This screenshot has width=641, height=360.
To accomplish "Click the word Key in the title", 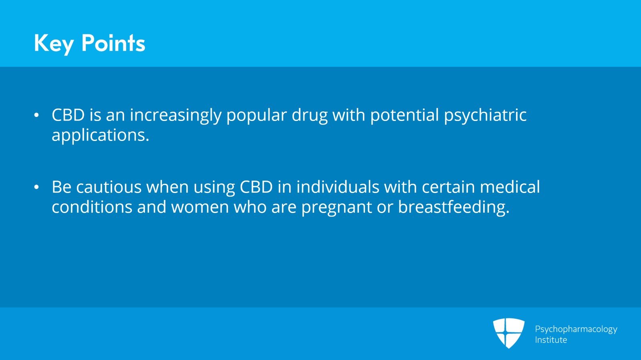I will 54,43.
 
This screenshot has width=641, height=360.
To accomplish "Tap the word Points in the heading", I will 113,43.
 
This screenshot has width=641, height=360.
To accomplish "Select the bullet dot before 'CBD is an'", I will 36,115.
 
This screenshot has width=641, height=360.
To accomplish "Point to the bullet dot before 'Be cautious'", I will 36,187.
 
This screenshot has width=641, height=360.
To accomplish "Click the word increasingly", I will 175,115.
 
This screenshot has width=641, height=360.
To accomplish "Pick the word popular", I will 256,115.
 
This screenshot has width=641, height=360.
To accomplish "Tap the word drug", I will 309,115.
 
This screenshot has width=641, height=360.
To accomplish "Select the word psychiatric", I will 485,115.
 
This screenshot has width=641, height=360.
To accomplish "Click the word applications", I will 100,135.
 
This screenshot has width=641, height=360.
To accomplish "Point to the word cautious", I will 109,187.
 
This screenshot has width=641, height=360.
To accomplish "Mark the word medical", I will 510,187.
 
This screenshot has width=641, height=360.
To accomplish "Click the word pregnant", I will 337,207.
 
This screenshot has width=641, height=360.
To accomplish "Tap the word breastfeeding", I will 454,207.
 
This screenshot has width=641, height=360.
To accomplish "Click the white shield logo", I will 508,333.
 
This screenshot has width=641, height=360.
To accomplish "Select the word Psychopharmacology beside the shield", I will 576,329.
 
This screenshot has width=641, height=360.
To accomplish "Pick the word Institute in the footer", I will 551,340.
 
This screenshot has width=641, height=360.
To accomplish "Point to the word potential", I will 405,115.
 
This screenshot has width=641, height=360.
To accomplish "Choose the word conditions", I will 92,207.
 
